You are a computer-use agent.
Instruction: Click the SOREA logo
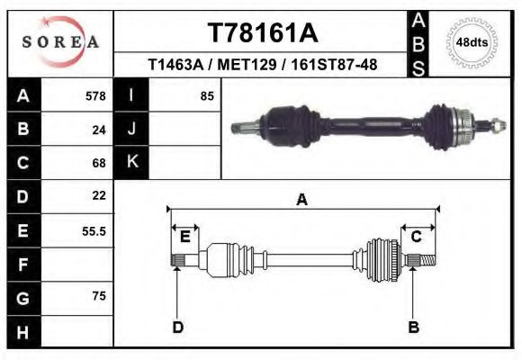(59, 42)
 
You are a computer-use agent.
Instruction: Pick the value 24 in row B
(99, 130)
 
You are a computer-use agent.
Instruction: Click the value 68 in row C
(99, 163)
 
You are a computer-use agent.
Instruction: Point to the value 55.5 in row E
(94, 231)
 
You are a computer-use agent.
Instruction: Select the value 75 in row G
(99, 296)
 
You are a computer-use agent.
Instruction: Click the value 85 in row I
(206, 96)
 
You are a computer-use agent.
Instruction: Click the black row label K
(132, 162)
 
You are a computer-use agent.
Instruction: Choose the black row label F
(22, 265)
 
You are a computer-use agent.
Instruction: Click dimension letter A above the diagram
(301, 200)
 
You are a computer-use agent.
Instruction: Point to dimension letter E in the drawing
(184, 237)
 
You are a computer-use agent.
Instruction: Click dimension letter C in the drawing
(417, 237)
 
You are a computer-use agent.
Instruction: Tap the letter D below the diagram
(178, 327)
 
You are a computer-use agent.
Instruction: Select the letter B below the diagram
(414, 327)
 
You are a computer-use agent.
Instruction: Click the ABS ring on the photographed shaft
(463, 121)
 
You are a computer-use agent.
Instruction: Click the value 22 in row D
(99, 195)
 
